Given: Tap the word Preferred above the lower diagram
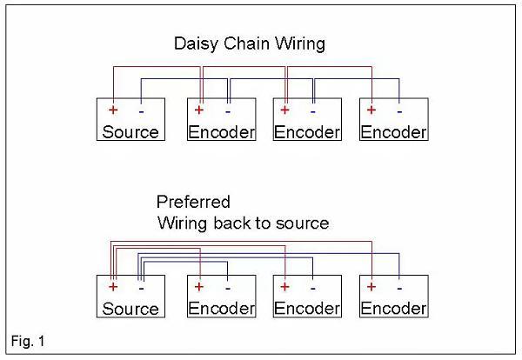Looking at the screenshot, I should click(193, 203).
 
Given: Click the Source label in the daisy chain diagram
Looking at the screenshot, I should click(130, 133).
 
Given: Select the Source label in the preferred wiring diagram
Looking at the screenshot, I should click(130, 309).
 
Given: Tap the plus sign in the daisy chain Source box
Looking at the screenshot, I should click(113, 110).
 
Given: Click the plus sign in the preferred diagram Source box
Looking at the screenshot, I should click(113, 286).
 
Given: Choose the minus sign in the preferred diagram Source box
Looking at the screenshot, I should click(141, 286).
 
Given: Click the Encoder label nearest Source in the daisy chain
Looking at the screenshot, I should click(222, 133).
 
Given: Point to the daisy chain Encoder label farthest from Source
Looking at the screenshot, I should click(393, 133).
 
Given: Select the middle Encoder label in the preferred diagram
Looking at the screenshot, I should click(307, 309).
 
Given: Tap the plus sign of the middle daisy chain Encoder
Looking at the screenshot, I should click(284, 110).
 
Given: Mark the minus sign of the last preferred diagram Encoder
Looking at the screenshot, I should click(398, 286).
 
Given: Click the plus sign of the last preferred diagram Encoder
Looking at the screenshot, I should click(371, 286).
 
